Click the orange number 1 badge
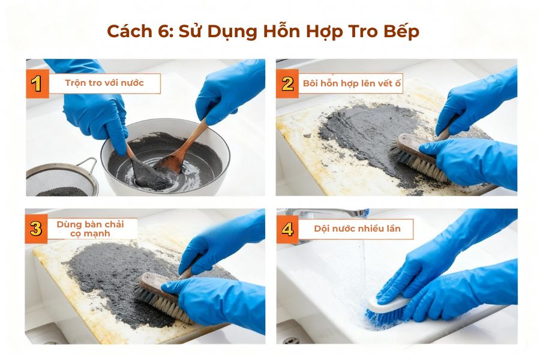tap(37, 84)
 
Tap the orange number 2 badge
tap(287, 84)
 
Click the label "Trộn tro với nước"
tap(104, 83)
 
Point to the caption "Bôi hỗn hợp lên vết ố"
tap(352, 83)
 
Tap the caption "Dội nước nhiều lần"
tap(356, 229)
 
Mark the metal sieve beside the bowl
tap(60, 180)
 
